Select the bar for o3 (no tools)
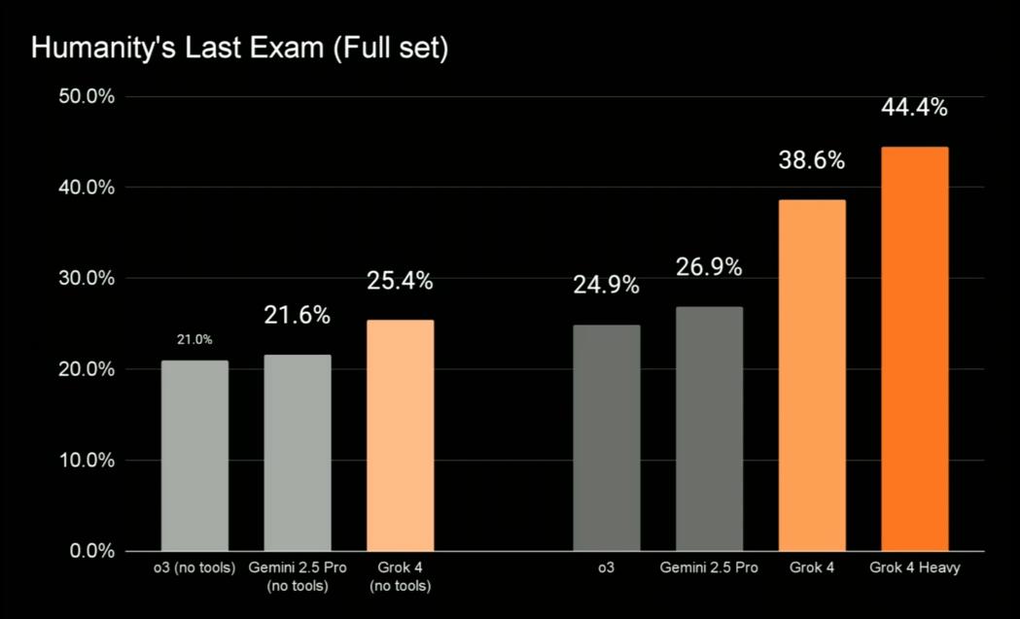(194, 456)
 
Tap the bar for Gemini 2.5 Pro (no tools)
(298, 453)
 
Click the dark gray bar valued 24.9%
(606, 438)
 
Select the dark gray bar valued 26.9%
(709, 429)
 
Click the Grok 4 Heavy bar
(914, 349)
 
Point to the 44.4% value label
(914, 108)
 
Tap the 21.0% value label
(194, 340)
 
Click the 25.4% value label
(400, 282)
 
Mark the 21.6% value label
(298, 316)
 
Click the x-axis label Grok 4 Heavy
(914, 567)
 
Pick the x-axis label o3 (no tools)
(194, 567)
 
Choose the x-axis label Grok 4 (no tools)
(400, 576)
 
